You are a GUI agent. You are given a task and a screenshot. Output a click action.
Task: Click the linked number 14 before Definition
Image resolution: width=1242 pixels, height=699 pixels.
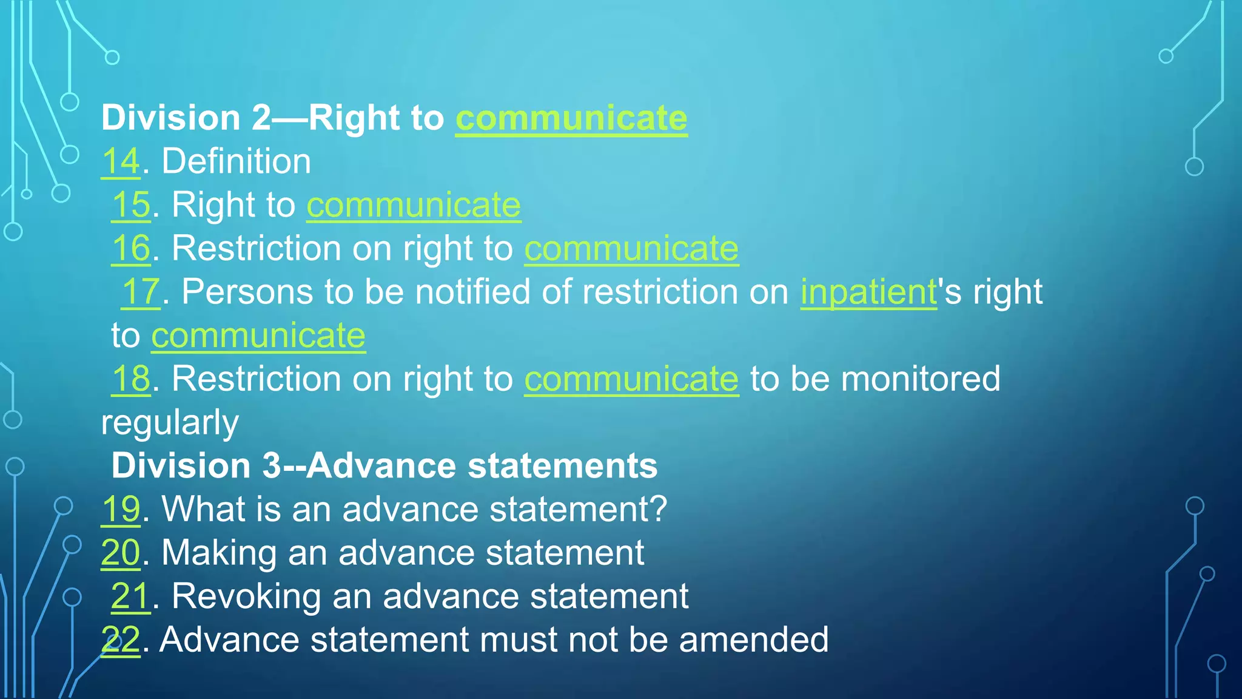coord(121,162)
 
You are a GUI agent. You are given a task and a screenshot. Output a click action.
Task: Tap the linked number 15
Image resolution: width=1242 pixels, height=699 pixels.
coord(131,205)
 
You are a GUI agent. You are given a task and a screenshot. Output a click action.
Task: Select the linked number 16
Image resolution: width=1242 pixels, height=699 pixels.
coord(131,249)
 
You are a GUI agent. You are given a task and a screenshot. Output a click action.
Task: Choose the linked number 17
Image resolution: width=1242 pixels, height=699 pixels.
coord(141,292)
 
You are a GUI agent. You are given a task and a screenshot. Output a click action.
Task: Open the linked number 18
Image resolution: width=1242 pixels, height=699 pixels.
coord(131,379)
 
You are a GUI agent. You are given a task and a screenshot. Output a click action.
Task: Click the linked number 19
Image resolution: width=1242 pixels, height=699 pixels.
coord(121,510)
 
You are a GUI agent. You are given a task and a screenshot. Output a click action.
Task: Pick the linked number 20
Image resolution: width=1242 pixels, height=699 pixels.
coord(121,553)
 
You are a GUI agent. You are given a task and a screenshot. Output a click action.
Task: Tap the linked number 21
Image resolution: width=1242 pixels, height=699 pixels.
coord(130,597)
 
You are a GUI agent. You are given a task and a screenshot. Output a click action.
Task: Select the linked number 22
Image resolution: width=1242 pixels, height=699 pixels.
coord(121,640)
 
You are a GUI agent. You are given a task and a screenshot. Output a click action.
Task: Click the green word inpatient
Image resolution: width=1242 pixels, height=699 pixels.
coord(868,292)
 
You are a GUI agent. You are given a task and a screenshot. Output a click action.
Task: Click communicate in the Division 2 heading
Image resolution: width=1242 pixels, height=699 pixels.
coord(571,118)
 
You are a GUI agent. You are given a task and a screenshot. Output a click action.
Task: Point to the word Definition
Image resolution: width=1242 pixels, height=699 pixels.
coord(237,162)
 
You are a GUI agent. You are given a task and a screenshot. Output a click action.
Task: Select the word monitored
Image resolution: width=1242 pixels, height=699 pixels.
coord(921,379)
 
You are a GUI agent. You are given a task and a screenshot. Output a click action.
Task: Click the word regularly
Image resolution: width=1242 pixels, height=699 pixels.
coord(170,424)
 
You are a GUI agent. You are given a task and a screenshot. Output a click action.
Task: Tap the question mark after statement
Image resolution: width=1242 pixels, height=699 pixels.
coord(658,510)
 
